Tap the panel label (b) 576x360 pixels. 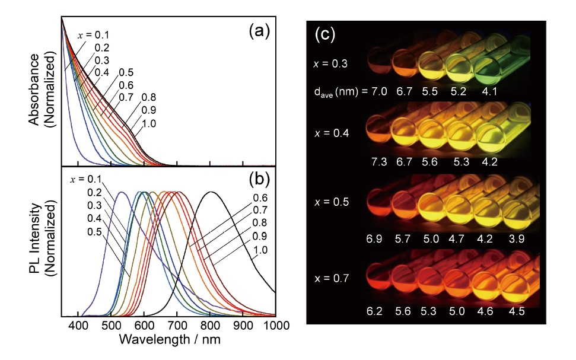point(259,183)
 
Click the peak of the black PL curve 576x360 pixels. point(211,192)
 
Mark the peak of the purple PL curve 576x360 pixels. point(122,192)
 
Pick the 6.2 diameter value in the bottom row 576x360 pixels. point(375,310)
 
